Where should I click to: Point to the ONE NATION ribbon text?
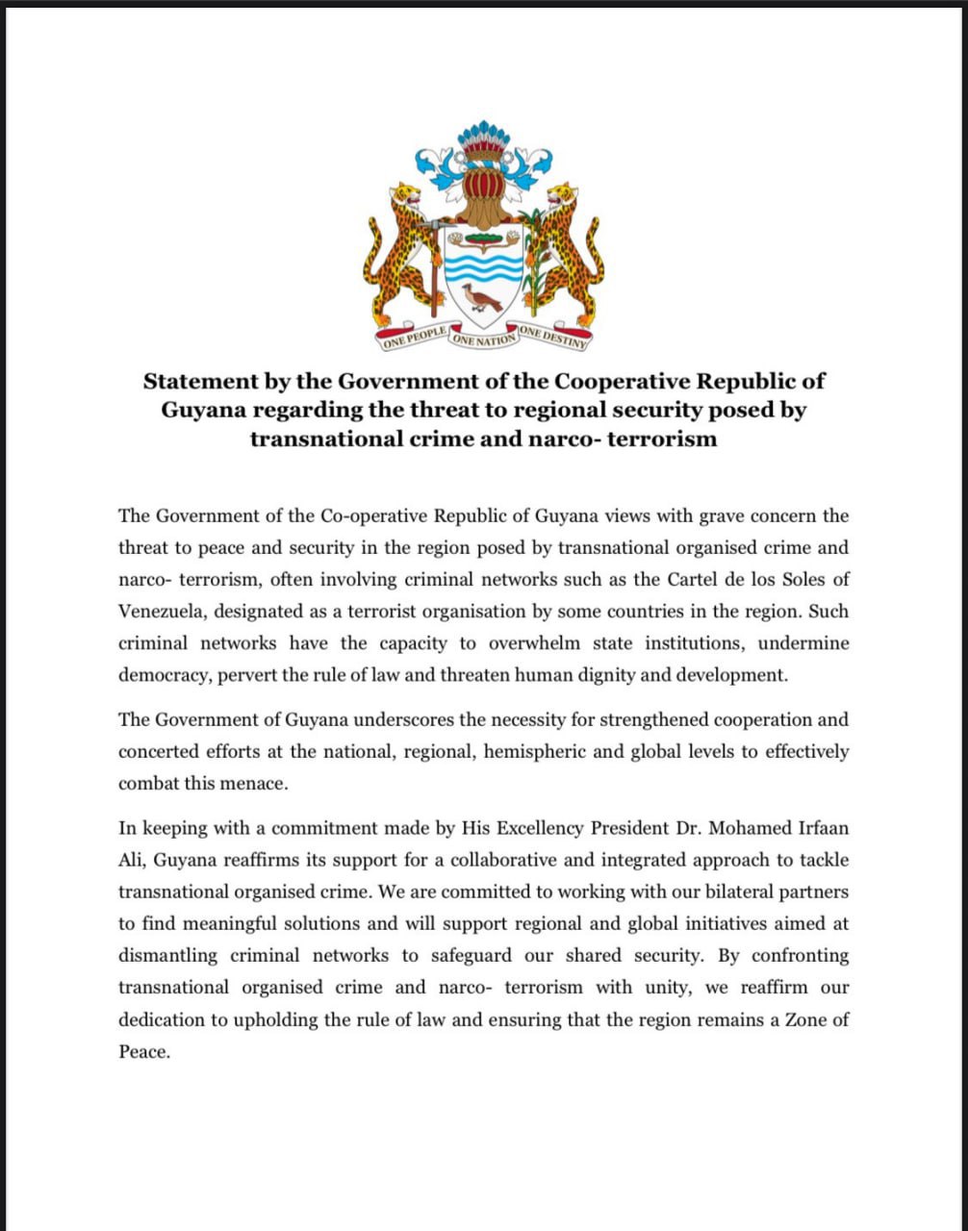484,339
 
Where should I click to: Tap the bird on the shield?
481,298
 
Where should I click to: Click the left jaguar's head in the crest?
406,194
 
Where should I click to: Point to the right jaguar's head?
562,196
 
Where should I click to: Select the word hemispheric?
530,751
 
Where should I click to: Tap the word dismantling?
167,956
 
